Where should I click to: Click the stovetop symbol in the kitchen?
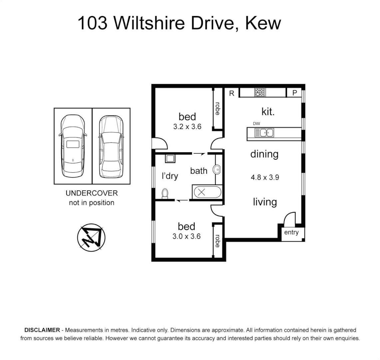point(260,92)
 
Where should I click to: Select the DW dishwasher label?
point(256,124)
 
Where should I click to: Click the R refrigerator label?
point(231,93)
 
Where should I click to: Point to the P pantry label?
point(294,93)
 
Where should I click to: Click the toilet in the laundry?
point(165,193)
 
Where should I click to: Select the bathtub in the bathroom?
point(206,192)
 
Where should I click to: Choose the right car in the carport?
point(111,146)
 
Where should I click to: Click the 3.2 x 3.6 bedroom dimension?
point(187,127)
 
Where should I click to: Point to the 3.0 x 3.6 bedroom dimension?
point(187,236)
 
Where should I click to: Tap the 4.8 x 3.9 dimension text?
point(264,177)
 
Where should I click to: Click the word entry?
point(291,232)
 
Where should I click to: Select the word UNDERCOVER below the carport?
point(92,193)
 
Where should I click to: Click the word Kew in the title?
point(263,24)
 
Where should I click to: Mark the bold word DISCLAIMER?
point(42,330)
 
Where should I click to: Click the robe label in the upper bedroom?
point(217,109)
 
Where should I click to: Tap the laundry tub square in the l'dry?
point(170,158)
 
